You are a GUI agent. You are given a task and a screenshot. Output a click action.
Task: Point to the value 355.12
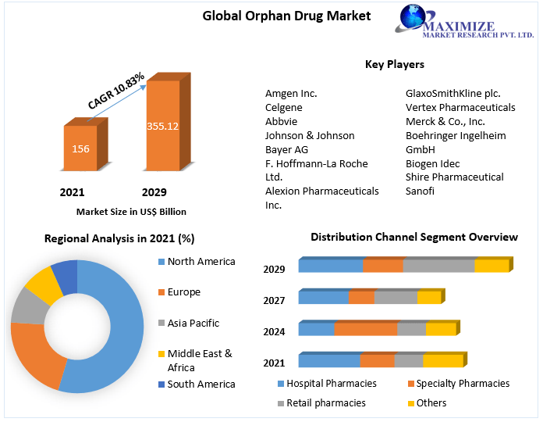coord(162,126)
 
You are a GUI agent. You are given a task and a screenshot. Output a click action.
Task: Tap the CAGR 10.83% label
coord(117,91)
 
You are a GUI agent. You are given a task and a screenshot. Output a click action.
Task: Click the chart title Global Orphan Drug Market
coord(275,16)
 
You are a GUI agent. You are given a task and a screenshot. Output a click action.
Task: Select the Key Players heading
coord(395,64)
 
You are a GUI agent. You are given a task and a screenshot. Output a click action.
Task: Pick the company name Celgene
coord(284,107)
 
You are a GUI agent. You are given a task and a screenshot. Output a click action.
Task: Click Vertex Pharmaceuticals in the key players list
coord(460,107)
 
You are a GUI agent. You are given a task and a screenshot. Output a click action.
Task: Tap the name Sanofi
coord(420,191)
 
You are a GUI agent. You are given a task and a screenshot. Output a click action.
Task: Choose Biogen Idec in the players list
coord(433,163)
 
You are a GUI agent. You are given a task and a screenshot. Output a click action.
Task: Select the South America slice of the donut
coord(66,277)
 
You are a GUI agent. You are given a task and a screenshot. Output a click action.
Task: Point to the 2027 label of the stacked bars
coord(274,300)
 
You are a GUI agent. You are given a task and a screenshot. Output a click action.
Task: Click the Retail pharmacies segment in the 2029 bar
coord(439,266)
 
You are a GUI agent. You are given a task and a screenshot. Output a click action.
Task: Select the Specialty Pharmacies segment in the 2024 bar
coord(366,329)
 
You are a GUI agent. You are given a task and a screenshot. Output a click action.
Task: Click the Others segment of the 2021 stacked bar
coord(442,360)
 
